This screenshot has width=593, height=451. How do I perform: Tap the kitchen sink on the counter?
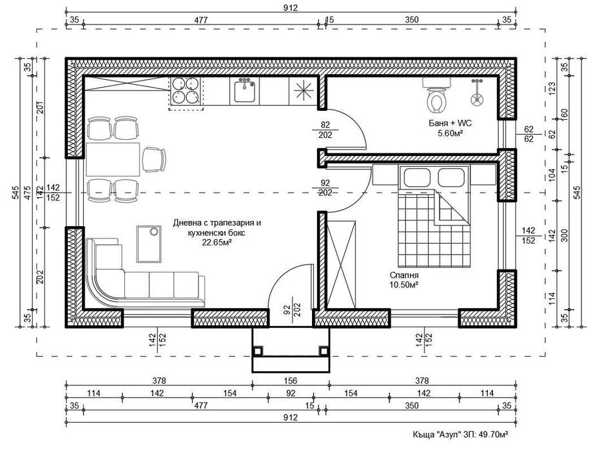tap(245, 91)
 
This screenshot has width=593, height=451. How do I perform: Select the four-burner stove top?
tap(186, 91)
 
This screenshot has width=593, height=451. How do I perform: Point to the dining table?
tap(113, 160)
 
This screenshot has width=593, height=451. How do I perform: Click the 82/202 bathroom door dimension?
tap(326, 130)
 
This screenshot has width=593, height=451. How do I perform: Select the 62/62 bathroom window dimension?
tap(531, 133)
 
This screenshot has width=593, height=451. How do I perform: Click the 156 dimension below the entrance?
tap(289, 380)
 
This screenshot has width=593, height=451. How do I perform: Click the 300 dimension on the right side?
tap(564, 236)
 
